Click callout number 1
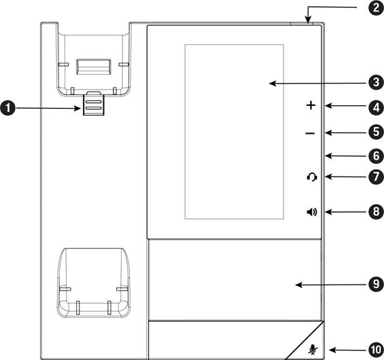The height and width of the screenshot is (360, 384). point(8,108)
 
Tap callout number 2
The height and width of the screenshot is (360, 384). point(376,8)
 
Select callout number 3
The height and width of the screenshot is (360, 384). point(376,82)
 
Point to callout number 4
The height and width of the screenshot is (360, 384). point(376,107)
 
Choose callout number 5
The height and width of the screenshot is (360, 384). point(376,132)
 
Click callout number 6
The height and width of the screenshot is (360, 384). point(376,156)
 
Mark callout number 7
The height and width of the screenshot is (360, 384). point(376,177)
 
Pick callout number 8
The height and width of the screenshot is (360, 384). point(376,211)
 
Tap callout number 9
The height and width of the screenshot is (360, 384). point(376,284)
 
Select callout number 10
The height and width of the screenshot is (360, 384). point(376,350)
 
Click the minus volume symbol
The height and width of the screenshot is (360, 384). point(311,133)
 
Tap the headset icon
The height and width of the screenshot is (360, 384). point(312,177)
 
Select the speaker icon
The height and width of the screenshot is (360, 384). point(312,212)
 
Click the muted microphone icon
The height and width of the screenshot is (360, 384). point(312,349)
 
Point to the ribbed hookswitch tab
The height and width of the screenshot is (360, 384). point(94,105)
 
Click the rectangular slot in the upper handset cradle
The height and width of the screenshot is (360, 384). point(94,67)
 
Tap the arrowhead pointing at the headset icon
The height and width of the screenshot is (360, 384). point(329,177)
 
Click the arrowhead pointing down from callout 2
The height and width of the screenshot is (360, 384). point(308,20)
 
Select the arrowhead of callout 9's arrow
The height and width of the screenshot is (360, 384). point(299,285)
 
